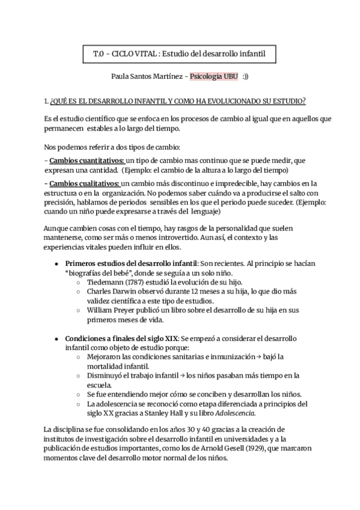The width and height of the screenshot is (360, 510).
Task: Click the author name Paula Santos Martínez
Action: coord(146,78)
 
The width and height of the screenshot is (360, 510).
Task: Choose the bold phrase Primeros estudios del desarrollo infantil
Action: coord(131,264)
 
